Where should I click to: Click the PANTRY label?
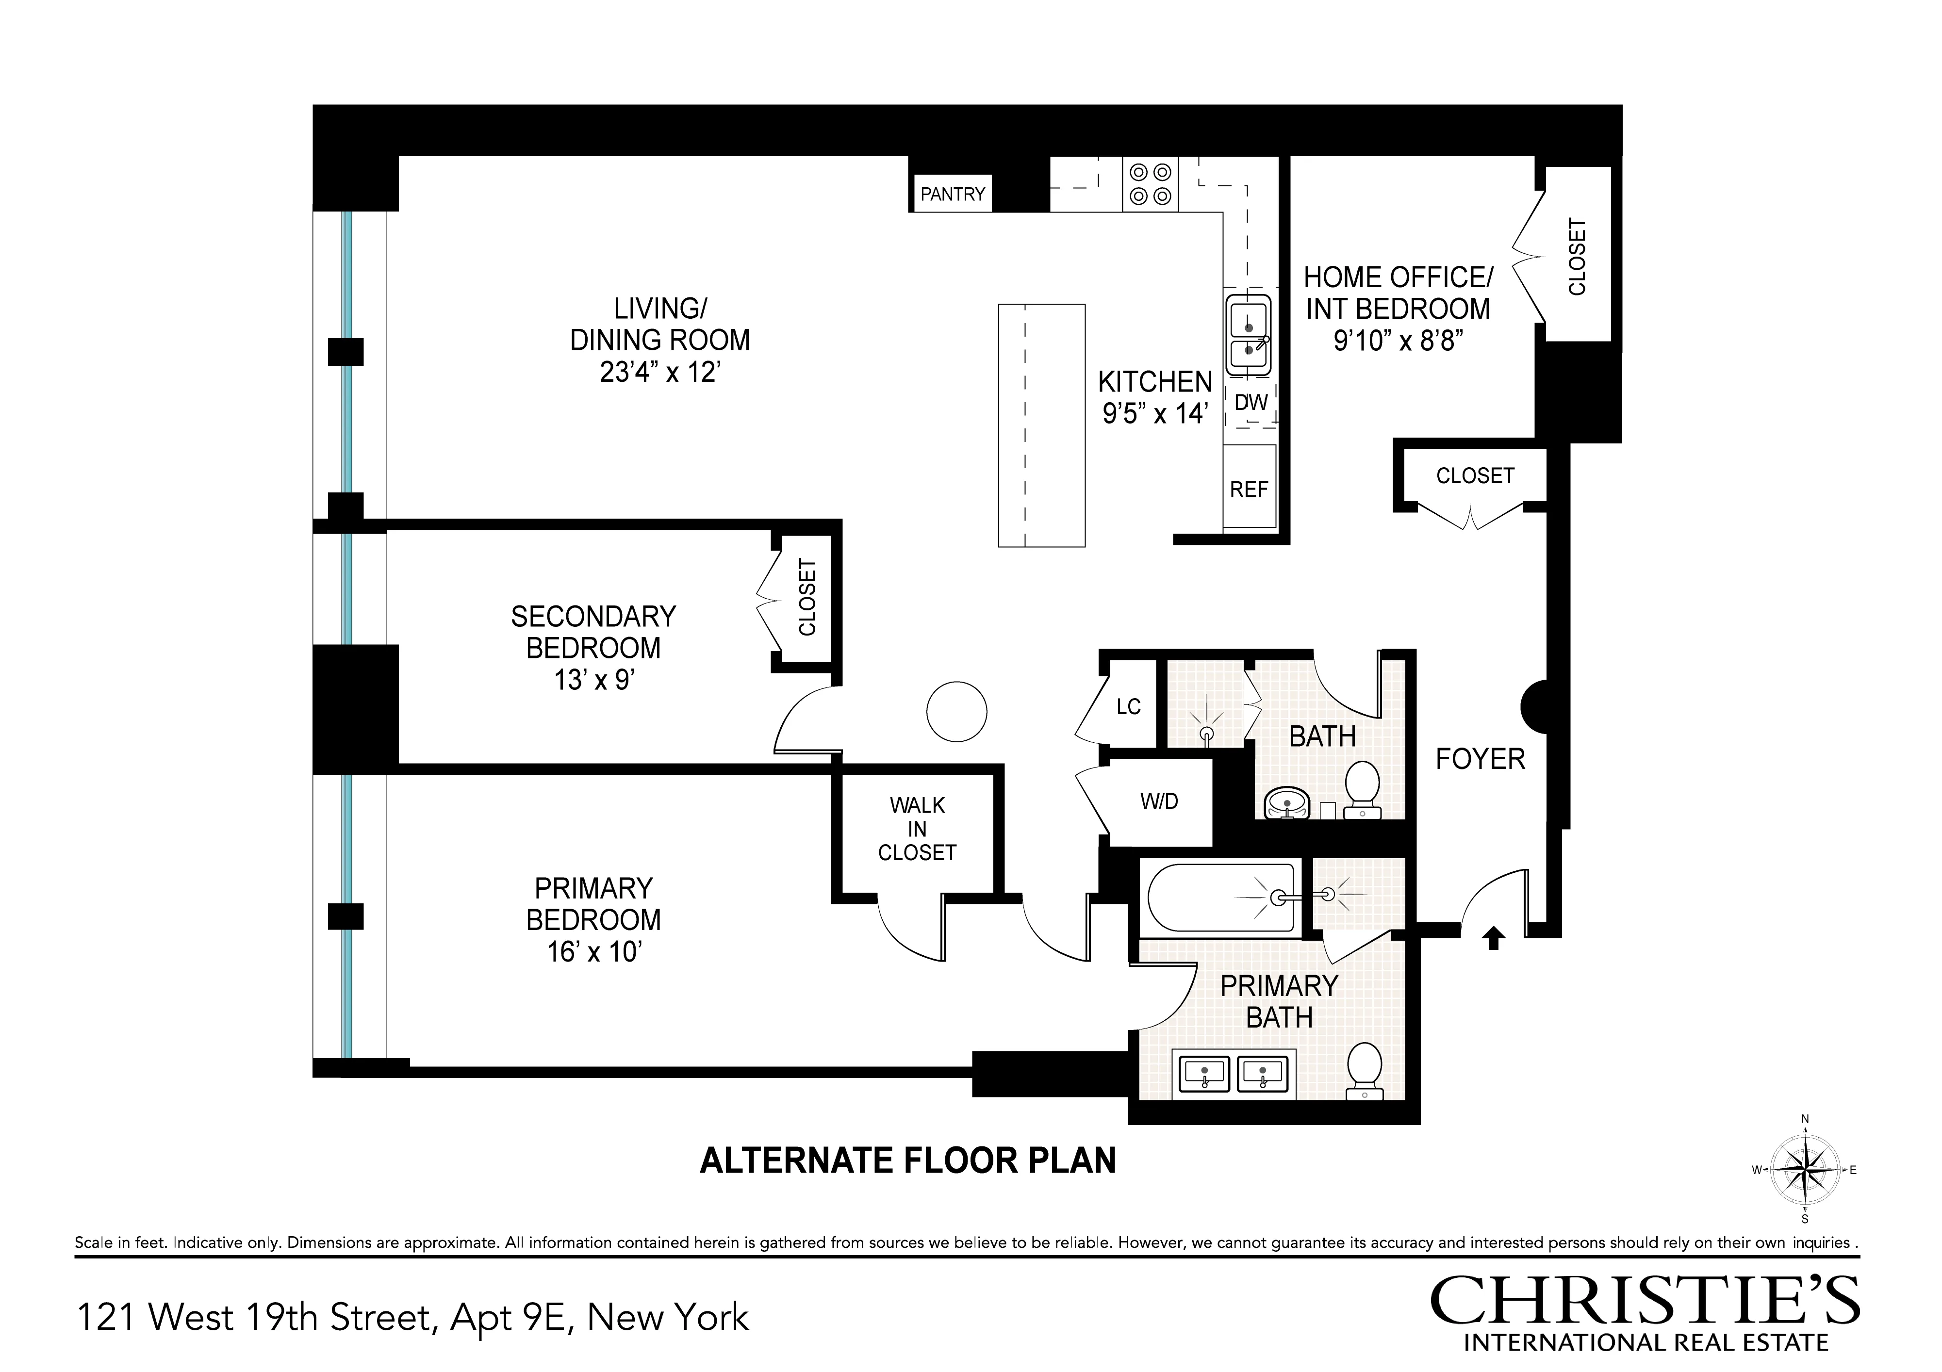click(x=953, y=195)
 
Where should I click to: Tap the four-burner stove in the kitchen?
click(x=1151, y=184)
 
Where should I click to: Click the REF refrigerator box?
click(x=1249, y=489)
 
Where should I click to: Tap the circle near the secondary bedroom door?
click(x=956, y=711)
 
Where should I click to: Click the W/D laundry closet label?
click(x=1159, y=801)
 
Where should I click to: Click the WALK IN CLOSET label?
click(x=917, y=829)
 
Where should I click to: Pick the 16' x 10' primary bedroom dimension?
click(x=594, y=952)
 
